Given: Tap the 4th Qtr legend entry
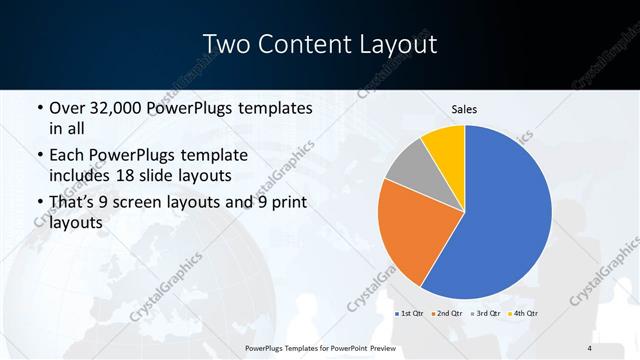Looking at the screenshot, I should click(523, 313).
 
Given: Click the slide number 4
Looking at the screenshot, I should click(590, 347).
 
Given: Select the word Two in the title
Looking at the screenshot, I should click(229, 45).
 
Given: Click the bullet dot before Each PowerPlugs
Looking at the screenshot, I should click(38, 157).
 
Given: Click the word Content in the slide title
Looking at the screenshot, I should click(311, 45).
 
